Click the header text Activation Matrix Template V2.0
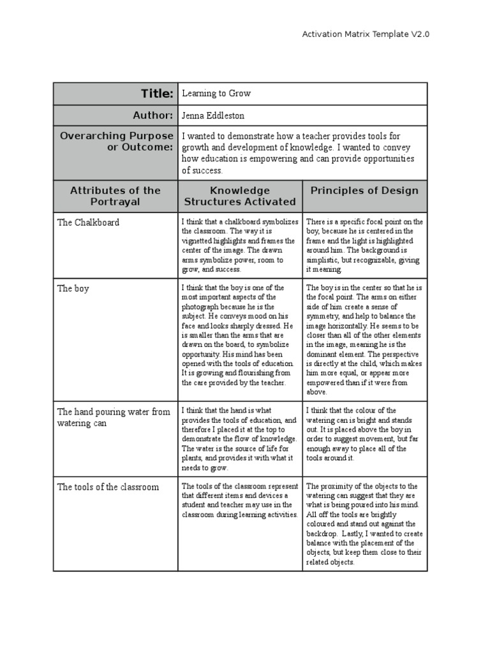pos(365,34)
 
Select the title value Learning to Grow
pos(216,94)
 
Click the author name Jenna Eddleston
pos(213,115)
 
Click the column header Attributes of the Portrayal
pos(115,196)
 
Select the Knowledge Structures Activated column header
pos(239,196)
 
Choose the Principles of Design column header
pos(364,190)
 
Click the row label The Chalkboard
pos(88,223)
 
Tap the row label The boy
pos(73,288)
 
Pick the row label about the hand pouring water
pos(114,417)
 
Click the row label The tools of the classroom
pos(108,487)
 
